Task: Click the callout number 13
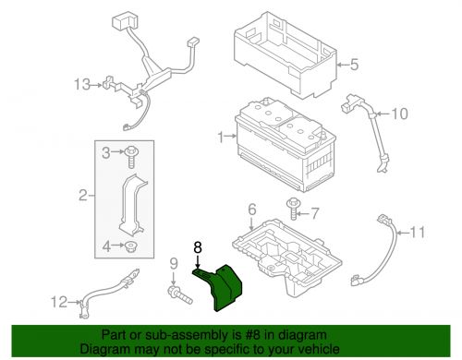(82, 84)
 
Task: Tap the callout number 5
(354, 65)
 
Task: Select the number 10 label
(400, 114)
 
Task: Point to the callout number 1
(221, 137)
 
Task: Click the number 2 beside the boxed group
(83, 195)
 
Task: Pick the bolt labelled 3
(131, 157)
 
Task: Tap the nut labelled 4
(132, 246)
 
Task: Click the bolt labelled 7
(293, 210)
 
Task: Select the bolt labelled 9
(180, 294)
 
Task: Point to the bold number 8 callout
(198, 247)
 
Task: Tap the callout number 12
(59, 302)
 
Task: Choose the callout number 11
(418, 232)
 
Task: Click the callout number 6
(252, 210)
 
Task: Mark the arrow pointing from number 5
(343, 65)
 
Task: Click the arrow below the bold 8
(198, 262)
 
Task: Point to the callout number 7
(314, 213)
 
